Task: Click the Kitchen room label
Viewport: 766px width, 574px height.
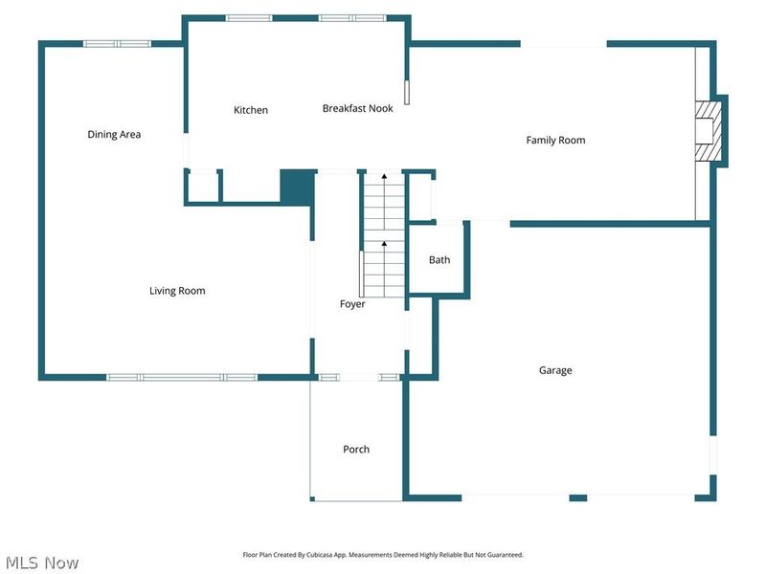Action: (x=251, y=110)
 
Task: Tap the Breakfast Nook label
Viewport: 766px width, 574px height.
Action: (x=357, y=108)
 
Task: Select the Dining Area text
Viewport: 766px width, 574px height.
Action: (x=114, y=135)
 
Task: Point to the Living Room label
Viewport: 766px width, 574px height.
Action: (x=177, y=291)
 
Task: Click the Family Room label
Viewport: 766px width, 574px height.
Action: (x=555, y=141)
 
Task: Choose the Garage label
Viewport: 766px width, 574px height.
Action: (x=555, y=370)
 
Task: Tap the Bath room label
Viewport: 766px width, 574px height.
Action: (x=439, y=260)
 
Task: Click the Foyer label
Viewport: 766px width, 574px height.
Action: (x=352, y=304)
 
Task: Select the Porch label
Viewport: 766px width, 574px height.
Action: (x=356, y=449)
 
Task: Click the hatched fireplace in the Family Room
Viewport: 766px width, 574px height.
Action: (x=709, y=131)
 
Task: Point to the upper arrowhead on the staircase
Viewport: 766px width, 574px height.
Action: (x=385, y=176)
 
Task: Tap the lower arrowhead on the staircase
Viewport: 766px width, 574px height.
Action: (x=385, y=243)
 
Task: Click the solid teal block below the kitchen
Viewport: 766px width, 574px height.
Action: (x=297, y=188)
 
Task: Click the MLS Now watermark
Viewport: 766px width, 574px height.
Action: (x=42, y=563)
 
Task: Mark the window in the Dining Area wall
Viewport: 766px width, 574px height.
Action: (x=117, y=44)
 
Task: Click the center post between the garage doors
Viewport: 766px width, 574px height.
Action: (x=578, y=497)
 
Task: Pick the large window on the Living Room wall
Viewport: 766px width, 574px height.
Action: (x=182, y=377)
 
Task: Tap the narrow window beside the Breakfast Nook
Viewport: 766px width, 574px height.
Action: (x=407, y=93)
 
